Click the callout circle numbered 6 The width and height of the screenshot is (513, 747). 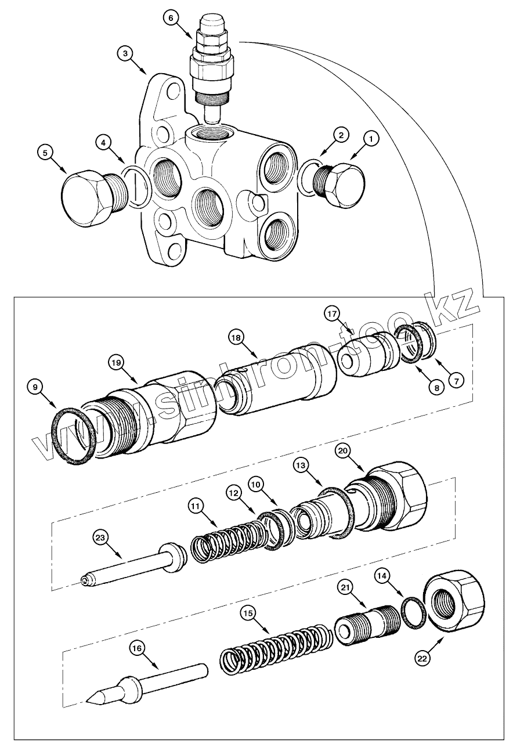(x=171, y=18)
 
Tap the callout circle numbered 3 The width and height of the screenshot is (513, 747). (x=126, y=53)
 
